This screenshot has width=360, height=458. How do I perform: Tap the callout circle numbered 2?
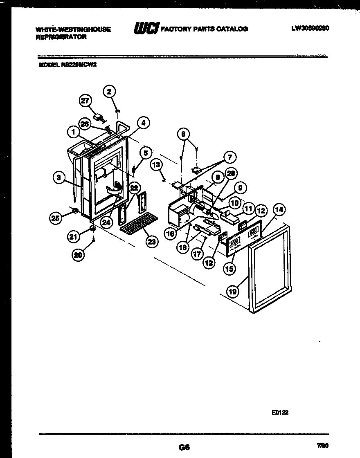[109, 91]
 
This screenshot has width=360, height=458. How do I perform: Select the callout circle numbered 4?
[143, 122]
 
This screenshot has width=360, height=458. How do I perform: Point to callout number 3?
[59, 177]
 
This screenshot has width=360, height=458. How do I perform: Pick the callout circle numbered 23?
[152, 241]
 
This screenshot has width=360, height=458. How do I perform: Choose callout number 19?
[233, 291]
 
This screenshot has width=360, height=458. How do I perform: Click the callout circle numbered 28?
[231, 173]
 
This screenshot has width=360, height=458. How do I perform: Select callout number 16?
[170, 234]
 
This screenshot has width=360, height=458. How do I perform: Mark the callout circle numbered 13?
[156, 165]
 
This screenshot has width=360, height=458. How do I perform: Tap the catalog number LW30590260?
[310, 28]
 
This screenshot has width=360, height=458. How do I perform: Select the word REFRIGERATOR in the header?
[61, 36]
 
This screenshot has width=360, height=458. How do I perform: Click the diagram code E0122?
[280, 413]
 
